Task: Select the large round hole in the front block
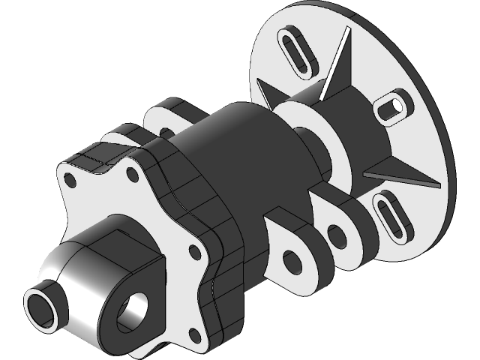point(134,307)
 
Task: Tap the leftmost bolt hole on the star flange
point(70,181)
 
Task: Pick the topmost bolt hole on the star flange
point(132,175)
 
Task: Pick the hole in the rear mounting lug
point(337,236)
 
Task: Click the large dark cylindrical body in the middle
point(240,150)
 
